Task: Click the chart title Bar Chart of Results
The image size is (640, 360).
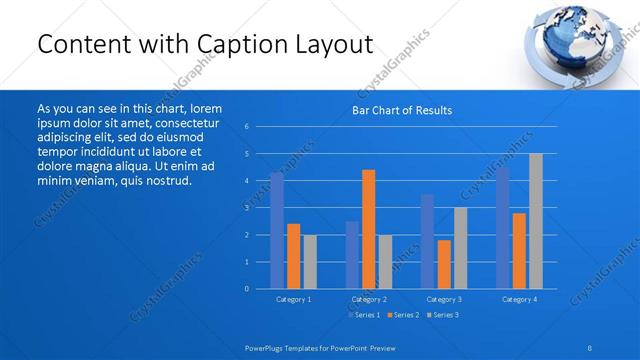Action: point(401,110)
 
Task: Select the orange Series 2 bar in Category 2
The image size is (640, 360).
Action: point(368,229)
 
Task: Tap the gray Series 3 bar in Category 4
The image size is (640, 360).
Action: point(535,221)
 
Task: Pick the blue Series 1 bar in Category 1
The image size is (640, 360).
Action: point(277,230)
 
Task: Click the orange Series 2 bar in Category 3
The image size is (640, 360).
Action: point(444,264)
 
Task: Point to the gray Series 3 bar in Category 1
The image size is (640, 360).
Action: point(309,262)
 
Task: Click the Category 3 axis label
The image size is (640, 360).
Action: point(444,299)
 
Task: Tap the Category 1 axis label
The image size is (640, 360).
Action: point(293,299)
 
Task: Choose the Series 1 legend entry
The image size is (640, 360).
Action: point(363,315)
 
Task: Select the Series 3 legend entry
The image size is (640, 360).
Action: point(442,315)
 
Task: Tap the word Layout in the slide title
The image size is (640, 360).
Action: point(332,45)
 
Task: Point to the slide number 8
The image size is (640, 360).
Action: point(590,347)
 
